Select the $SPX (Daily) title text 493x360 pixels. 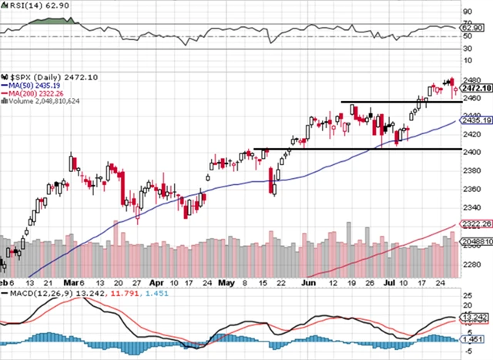coord(37,78)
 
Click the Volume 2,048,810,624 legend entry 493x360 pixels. coord(44,102)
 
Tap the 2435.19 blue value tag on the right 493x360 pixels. coord(474,121)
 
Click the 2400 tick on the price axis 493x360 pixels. coord(470,152)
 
